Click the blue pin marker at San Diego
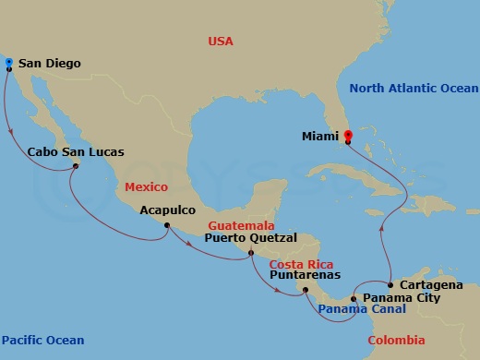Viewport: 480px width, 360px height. [8, 63]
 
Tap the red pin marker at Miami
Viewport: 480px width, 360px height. [348, 138]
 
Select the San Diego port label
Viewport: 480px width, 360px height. [49, 65]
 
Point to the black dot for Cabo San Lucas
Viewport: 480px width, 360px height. [77, 166]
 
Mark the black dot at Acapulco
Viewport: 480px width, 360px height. [167, 225]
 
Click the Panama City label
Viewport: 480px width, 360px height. [401, 299]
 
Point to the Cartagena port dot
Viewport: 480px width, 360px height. [390, 283]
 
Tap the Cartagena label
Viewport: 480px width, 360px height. [432, 285]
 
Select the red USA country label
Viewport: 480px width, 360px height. [221, 42]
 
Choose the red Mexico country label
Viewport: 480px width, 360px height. [146, 187]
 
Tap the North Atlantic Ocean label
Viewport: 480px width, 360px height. [414, 89]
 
